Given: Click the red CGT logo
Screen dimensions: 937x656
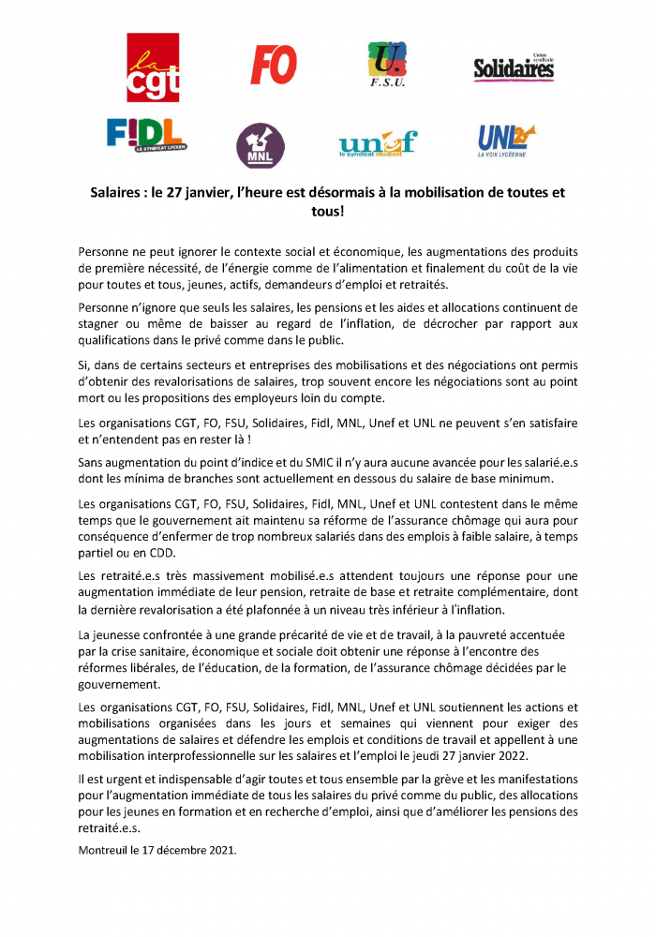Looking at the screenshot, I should pyautogui.click(x=153, y=67).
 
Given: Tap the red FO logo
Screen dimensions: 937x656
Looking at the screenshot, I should pyautogui.click(x=274, y=65).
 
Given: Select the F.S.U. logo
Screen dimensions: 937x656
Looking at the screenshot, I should pyautogui.click(x=387, y=65).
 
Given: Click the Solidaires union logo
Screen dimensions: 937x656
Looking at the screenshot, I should pyautogui.click(x=514, y=67).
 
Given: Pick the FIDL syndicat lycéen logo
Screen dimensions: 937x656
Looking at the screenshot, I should pyautogui.click(x=145, y=136).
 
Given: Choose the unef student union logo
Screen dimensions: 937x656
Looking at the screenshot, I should pyautogui.click(x=377, y=143).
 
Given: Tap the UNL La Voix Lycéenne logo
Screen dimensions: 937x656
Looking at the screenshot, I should pyautogui.click(x=506, y=140).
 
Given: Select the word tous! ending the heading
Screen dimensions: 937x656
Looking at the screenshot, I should pyautogui.click(x=327, y=212).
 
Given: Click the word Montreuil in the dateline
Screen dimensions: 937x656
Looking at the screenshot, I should pyautogui.click(x=106, y=852).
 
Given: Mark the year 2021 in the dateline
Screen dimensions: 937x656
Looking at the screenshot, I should pyautogui.click(x=219, y=852).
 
